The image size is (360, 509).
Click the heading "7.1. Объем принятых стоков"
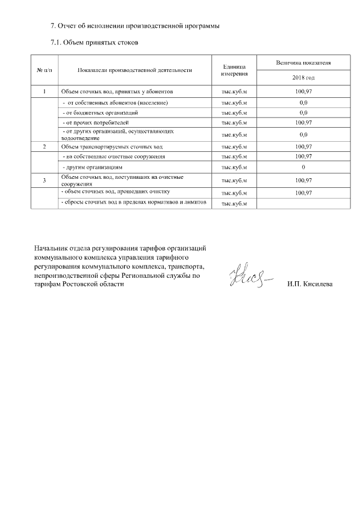pos(94,42)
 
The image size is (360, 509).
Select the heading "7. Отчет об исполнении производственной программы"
pos(135,26)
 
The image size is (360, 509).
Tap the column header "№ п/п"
pos(44,70)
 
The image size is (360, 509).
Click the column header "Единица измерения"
pos(234,70)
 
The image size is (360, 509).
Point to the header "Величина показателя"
pos(303,62)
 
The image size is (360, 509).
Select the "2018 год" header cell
pos(303,78)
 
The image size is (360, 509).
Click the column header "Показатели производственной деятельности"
pos(135,70)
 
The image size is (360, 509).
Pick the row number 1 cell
pos(44,91)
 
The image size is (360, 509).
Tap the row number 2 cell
pos(44,146)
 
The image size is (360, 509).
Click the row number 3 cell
pos(44,180)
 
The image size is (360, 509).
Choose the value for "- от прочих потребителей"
pos(303,122)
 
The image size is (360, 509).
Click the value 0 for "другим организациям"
pos(303,168)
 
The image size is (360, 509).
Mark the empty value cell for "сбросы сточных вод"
pos(303,203)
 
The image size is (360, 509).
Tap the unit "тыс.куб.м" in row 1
pos(234,91)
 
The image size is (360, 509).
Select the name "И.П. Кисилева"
pos(309,284)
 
